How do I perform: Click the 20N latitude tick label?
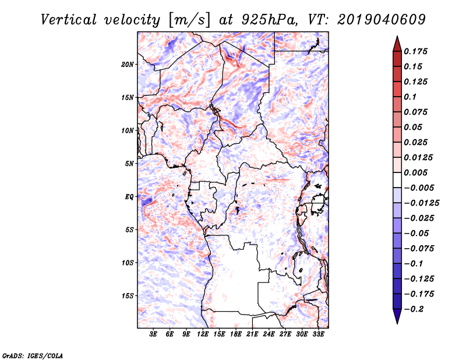pos(128,64)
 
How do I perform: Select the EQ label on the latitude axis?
pos(129,196)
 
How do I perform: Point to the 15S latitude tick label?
pos(128,295)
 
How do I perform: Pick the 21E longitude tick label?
pos(252,335)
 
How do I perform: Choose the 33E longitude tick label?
pos(318,335)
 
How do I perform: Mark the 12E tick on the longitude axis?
pos(203,335)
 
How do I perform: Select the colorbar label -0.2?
pos(415,309)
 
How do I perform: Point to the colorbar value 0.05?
pos(414,127)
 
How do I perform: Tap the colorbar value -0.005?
pos(418,188)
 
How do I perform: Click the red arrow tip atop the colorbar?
pos(397,40)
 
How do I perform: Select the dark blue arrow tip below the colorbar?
pos(397,319)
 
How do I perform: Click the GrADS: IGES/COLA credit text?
pos(24,354)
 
